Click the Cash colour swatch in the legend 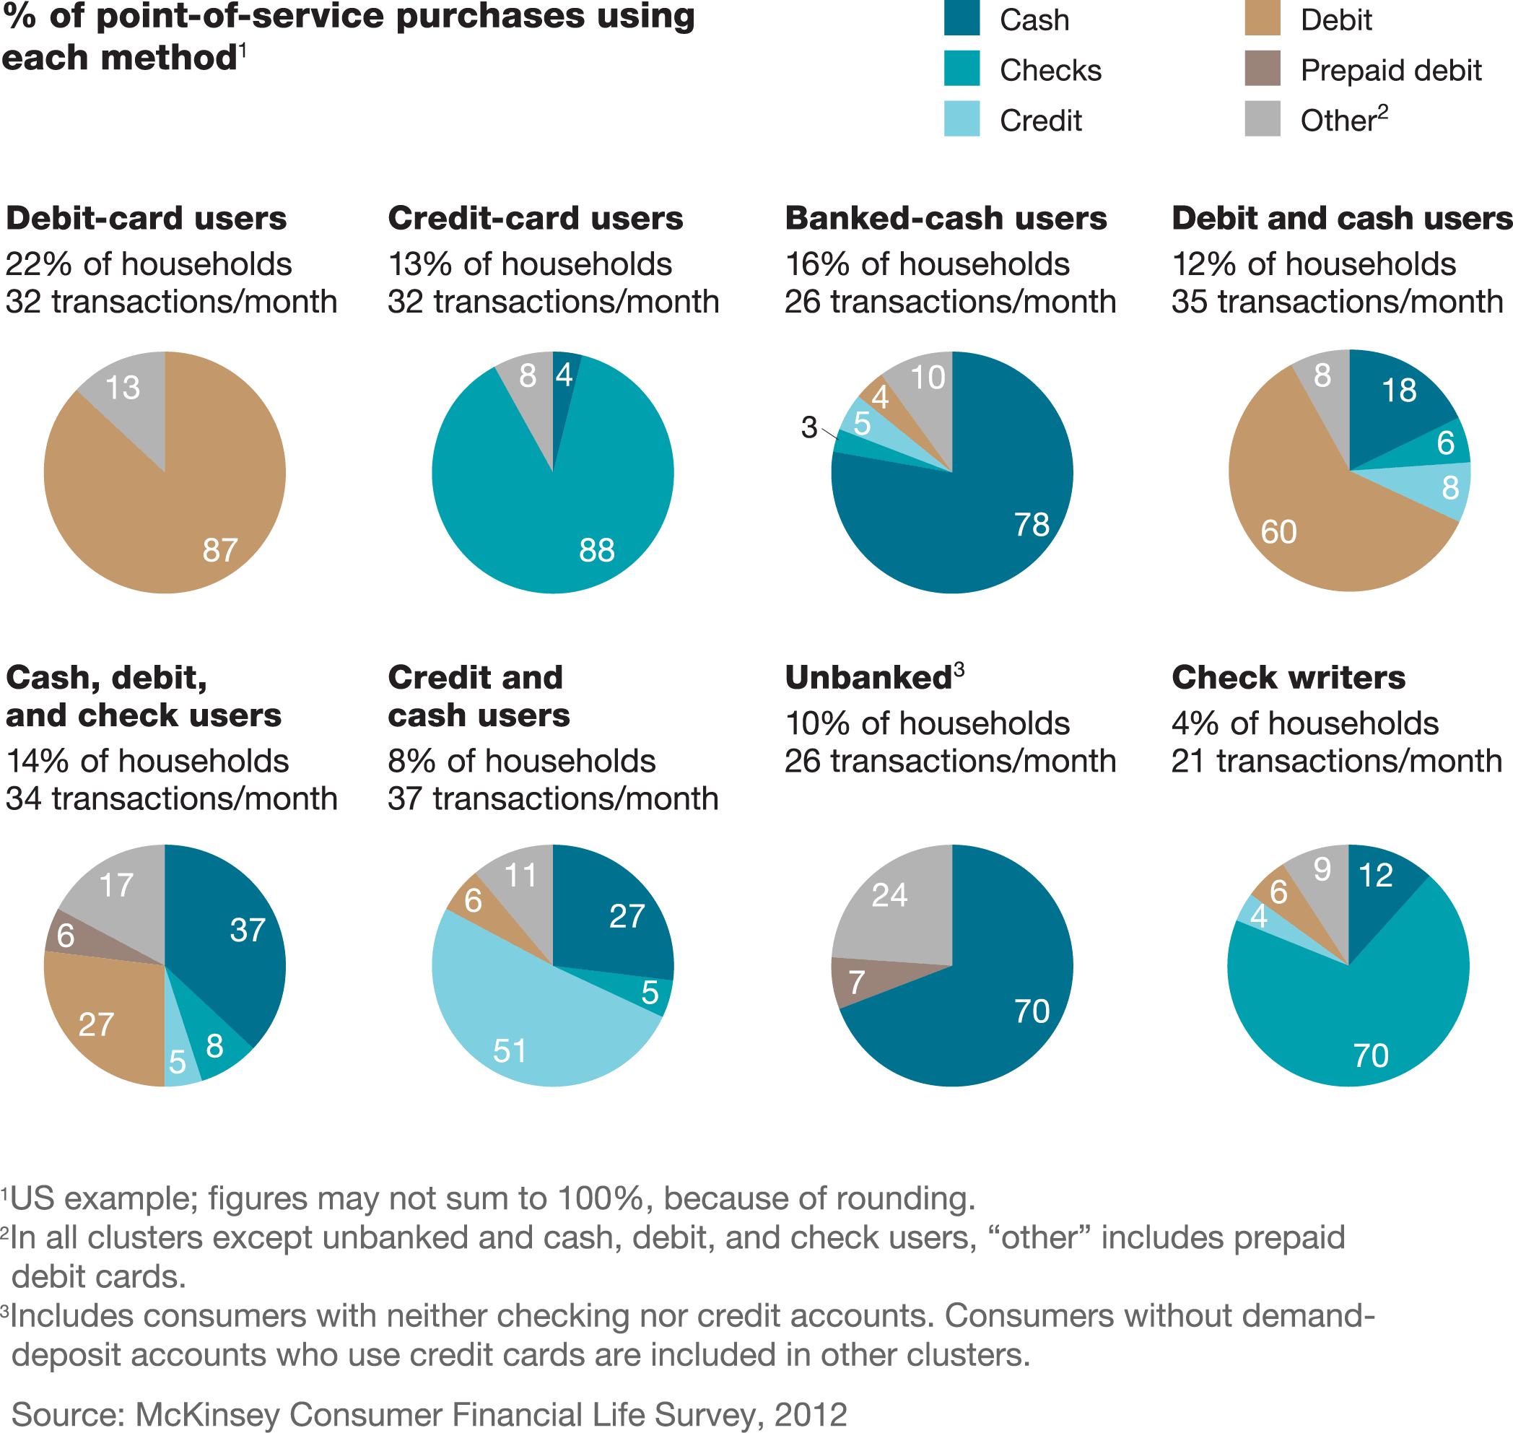point(962,18)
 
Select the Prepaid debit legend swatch point(1262,69)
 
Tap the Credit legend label point(1040,121)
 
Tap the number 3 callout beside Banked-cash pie point(808,428)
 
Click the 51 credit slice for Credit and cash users point(519,1031)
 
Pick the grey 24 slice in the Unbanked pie point(894,902)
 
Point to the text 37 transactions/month point(553,799)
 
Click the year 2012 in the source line point(811,1414)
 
